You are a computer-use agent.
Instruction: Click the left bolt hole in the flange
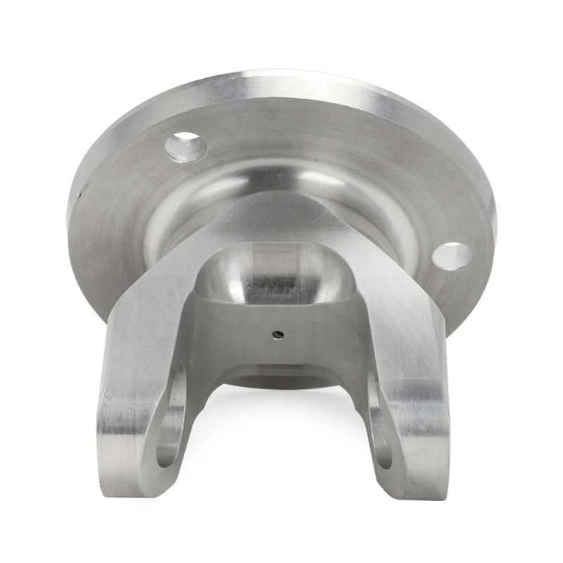coord(185,147)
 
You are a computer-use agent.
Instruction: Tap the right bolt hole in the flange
coord(452,255)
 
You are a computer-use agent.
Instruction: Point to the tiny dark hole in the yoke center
coord(280,335)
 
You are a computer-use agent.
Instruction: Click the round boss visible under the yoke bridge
coord(281,380)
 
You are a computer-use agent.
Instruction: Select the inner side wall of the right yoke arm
coord(366,394)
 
